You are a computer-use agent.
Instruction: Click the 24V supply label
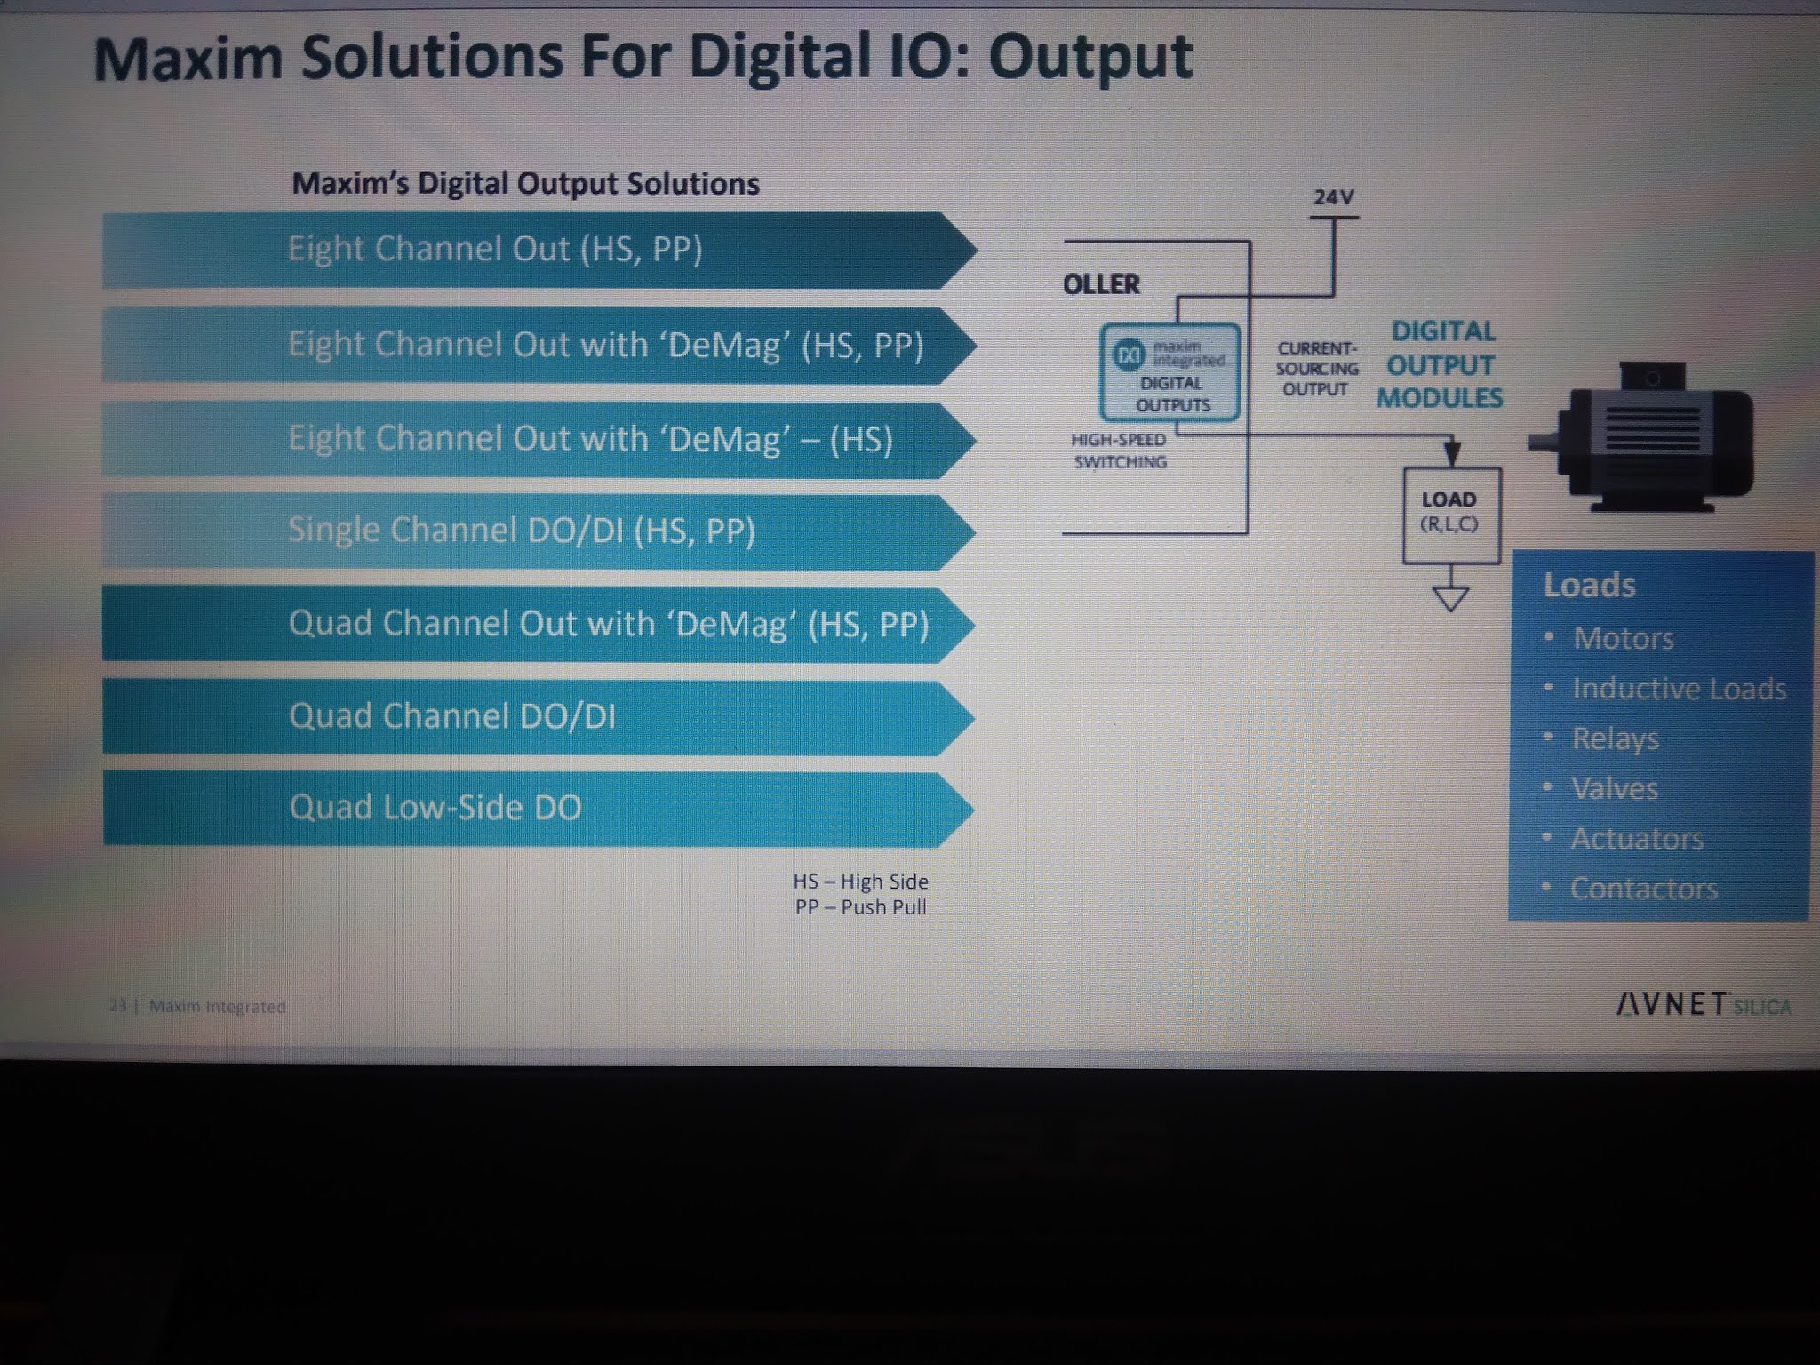[1333, 197]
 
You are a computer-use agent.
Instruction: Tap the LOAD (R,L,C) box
[1450, 515]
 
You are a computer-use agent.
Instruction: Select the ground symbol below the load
[1450, 598]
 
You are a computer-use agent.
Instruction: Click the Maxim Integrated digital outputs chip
[1169, 372]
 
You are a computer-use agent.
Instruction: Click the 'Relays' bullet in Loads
[1615, 739]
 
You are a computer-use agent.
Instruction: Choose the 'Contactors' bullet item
[1643, 889]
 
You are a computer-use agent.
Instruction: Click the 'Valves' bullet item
[1614, 789]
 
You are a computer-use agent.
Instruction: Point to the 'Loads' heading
[1589, 586]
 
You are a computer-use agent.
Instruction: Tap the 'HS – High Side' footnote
[860, 882]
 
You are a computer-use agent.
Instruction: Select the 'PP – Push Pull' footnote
[860, 907]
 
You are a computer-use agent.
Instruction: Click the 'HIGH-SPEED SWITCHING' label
[1119, 451]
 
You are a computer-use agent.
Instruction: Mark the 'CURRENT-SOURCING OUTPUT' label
[1316, 369]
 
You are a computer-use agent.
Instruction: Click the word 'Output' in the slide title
[1090, 59]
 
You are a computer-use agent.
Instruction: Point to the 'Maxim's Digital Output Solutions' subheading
[525, 184]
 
